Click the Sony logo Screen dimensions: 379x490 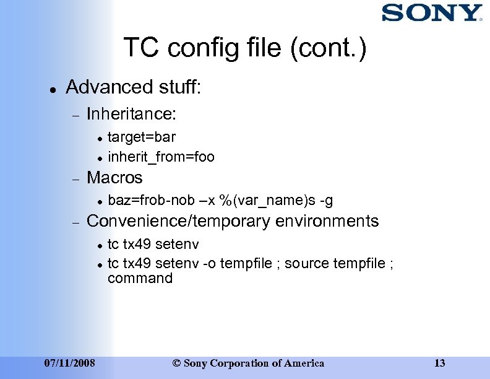coord(431,13)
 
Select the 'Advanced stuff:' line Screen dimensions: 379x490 coord(133,87)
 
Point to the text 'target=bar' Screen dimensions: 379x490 coord(142,137)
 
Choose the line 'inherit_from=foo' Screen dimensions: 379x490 coord(161,157)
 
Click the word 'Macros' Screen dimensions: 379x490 coord(114,178)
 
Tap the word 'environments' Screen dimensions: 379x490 coord(327,221)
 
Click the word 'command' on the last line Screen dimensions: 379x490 coord(140,278)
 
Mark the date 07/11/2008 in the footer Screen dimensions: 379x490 coord(71,363)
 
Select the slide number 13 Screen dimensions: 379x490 coord(440,363)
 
